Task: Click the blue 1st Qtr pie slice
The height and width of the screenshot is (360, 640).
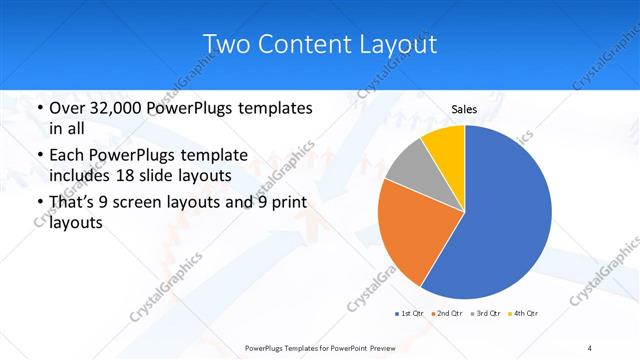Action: click(x=505, y=215)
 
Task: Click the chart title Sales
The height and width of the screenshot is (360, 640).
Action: click(x=464, y=109)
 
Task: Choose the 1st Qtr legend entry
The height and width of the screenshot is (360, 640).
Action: click(x=408, y=314)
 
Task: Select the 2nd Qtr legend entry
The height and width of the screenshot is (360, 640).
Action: click(x=446, y=314)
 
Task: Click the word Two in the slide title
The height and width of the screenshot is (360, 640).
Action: click(x=227, y=45)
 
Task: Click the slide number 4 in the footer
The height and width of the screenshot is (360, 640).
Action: click(x=590, y=347)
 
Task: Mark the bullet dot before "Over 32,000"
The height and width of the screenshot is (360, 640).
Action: click(x=38, y=108)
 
